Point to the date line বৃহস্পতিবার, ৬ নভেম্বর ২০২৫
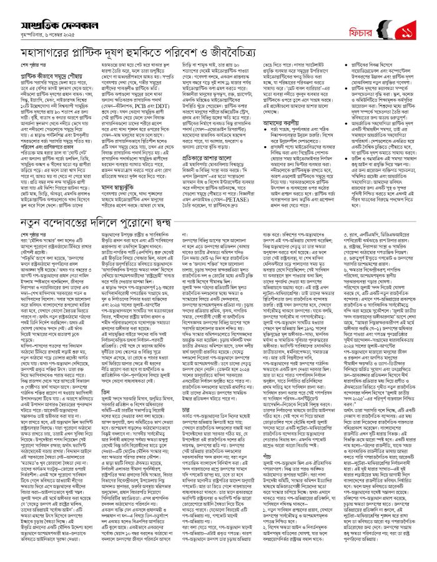tap(55, 27)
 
